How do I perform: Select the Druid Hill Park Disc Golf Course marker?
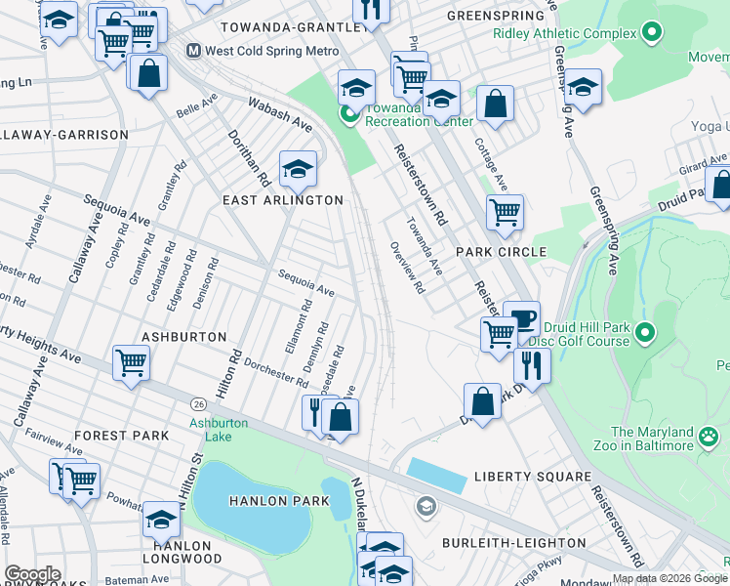pyautogui.click(x=644, y=334)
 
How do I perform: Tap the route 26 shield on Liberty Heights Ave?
pyautogui.click(x=198, y=403)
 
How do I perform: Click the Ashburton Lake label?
pyautogui.click(x=218, y=430)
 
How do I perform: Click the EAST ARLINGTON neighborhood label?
pyautogui.click(x=283, y=200)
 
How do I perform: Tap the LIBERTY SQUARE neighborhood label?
pyautogui.click(x=532, y=477)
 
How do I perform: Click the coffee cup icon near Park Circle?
pyautogui.click(x=521, y=317)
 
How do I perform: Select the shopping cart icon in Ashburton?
pyautogui.click(x=131, y=362)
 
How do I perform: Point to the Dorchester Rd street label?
pyautogui.click(x=277, y=370)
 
